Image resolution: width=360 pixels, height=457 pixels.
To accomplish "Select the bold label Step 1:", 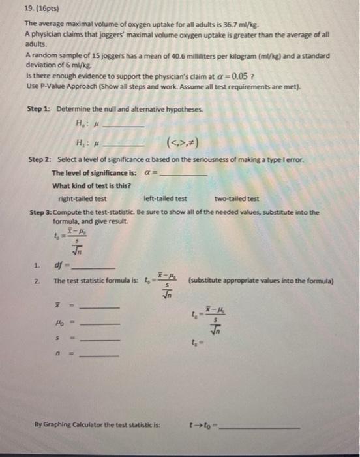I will [x=42, y=108].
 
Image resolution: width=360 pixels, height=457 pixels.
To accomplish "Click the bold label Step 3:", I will [x=42, y=212].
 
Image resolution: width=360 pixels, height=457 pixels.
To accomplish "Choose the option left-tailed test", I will [x=165, y=199].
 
